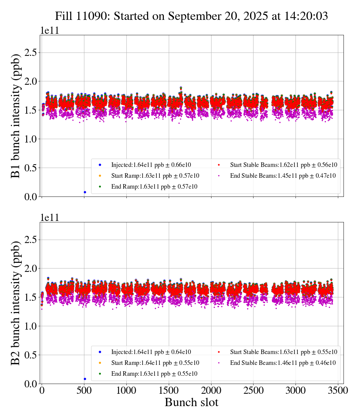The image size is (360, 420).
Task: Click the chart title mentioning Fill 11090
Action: (191, 16)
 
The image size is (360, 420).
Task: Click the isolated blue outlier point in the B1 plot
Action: (85, 192)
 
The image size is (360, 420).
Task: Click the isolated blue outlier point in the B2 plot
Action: (85, 379)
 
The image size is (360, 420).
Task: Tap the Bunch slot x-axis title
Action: (191, 403)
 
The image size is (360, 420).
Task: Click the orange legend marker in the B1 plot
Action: (100, 175)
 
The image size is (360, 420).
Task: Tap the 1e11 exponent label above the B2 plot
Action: (50, 218)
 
